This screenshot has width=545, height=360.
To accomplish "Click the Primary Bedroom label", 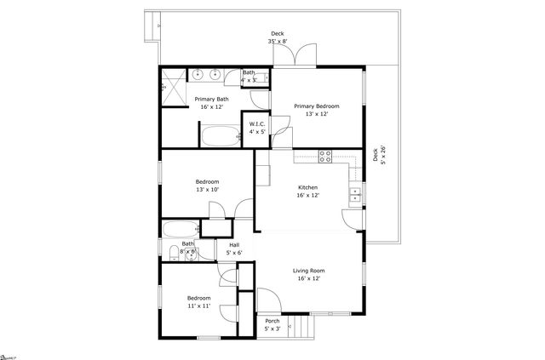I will [317, 106].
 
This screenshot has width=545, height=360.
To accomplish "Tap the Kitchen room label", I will [307, 187].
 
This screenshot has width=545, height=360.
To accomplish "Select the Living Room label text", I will [310, 271].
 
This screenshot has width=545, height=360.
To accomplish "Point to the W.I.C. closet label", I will [257, 124].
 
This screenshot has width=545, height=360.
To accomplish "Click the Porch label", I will [272, 321].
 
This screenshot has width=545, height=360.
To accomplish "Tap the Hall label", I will [234, 245].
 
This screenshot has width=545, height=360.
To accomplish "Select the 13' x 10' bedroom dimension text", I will [207, 190].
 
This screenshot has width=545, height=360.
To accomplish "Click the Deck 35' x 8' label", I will [278, 36].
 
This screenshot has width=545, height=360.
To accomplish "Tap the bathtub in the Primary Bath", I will [221, 136].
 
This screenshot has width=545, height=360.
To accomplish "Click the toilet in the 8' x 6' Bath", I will [174, 250].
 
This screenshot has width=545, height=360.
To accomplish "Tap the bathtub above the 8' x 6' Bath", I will [180, 228].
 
